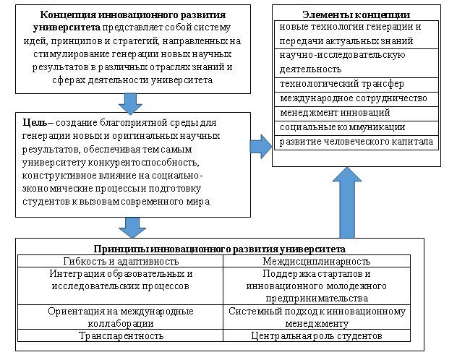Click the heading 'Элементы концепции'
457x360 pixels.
point(357,14)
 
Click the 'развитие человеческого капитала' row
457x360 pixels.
point(356,142)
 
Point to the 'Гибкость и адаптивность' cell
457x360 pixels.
point(121,260)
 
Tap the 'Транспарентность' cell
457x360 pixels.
point(121,336)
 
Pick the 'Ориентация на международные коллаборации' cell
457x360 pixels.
point(121,317)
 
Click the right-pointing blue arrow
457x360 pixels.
point(260,147)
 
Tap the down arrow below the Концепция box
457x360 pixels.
point(131,103)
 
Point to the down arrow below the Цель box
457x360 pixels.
point(131,226)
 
